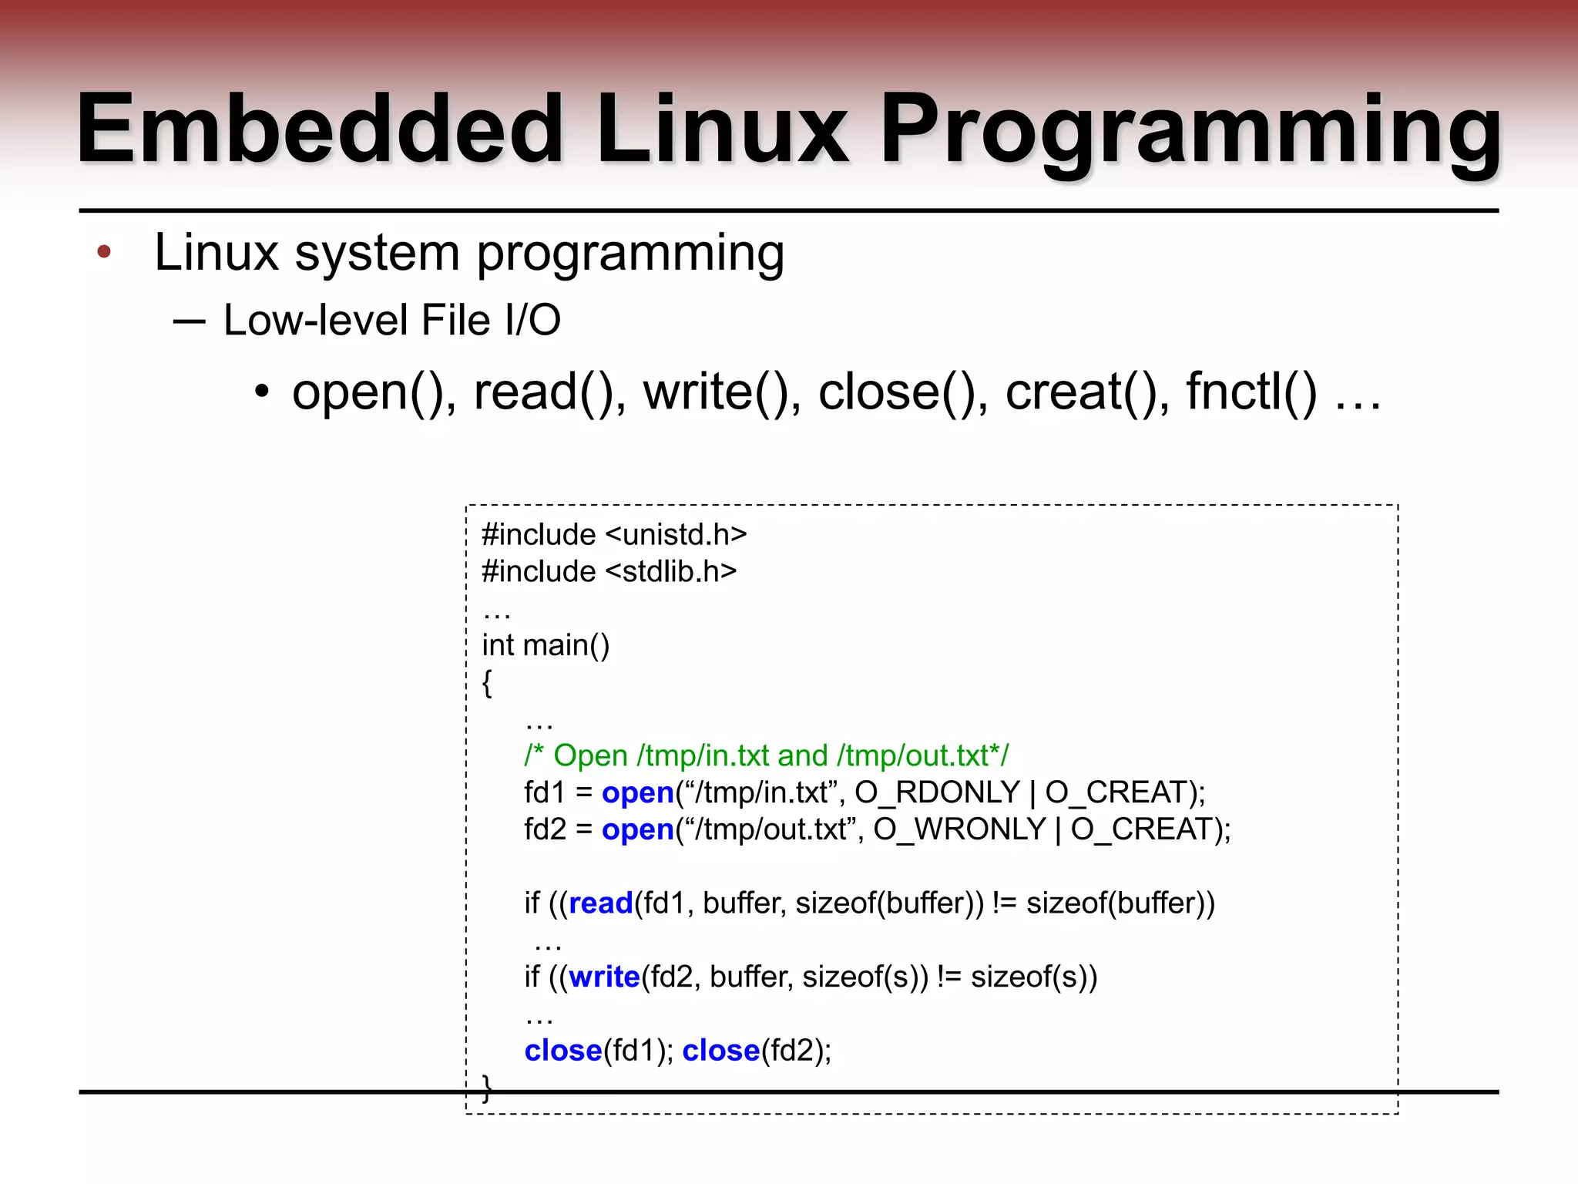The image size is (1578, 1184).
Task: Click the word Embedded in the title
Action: (x=320, y=129)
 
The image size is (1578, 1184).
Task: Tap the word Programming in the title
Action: (x=1190, y=129)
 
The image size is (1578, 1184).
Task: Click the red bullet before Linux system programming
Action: (x=104, y=251)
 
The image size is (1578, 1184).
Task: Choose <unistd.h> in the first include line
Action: (x=677, y=534)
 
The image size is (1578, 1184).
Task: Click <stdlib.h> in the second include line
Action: (x=671, y=571)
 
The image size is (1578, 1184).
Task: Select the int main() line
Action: (x=546, y=645)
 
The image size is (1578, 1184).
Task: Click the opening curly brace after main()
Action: (x=487, y=682)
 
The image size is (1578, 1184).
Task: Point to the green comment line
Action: (x=766, y=755)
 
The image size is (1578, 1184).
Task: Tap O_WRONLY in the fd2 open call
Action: (x=959, y=829)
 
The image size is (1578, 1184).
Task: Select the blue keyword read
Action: (x=601, y=903)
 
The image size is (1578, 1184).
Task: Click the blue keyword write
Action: (x=605, y=977)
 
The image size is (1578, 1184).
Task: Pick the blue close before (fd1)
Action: (x=563, y=1051)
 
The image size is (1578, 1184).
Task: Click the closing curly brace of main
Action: (x=486, y=1088)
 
